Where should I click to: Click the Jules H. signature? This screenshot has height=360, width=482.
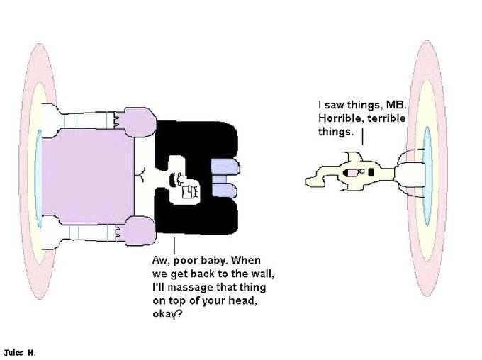pyautogui.click(x=19, y=352)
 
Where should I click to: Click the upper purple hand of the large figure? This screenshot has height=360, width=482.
pyautogui.click(x=139, y=120)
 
